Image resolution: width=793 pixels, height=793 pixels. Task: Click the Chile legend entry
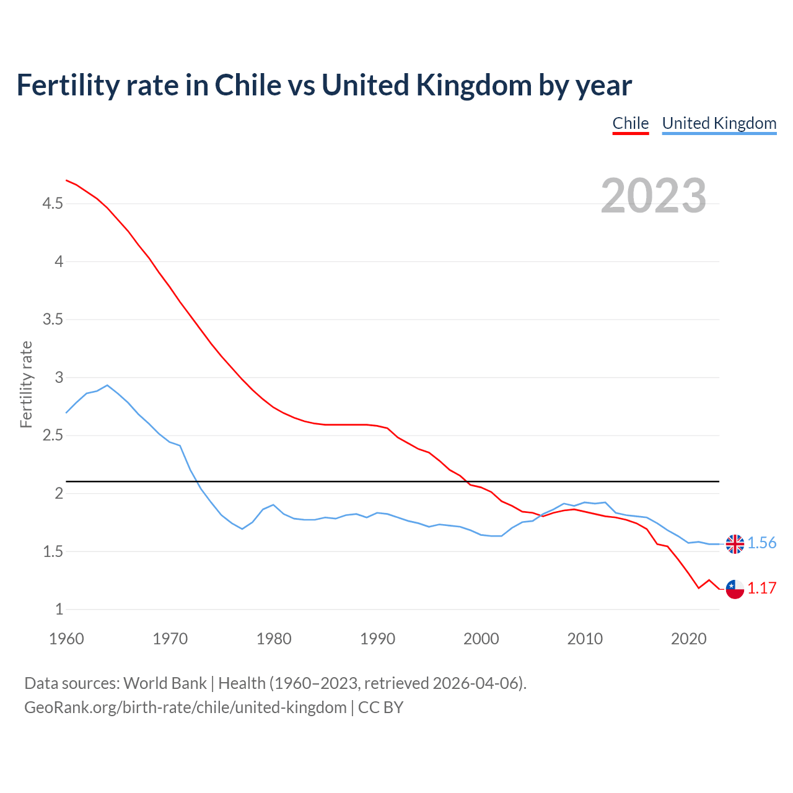point(630,123)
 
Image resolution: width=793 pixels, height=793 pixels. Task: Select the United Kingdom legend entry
point(719,123)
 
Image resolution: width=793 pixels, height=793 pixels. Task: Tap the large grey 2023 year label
point(653,196)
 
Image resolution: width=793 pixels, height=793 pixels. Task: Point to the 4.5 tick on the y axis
point(53,203)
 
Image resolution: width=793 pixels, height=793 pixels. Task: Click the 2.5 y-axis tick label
point(53,436)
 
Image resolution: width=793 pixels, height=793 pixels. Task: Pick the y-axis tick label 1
point(59,610)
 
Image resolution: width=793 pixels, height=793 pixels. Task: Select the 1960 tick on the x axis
point(66,639)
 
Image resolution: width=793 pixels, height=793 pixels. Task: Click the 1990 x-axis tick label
point(377,639)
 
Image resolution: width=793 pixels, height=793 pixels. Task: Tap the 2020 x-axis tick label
point(688,639)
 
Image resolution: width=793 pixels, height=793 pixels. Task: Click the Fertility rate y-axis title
point(26,384)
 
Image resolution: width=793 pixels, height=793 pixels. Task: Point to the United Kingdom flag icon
point(735,544)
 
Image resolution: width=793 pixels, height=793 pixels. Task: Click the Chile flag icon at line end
point(735,589)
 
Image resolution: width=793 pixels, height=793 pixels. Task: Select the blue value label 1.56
point(761,543)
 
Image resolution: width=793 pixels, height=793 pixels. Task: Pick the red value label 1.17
point(761,589)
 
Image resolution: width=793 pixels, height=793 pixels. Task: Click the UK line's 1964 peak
point(108,385)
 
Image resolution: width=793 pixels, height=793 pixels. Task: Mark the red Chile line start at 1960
point(67,180)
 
